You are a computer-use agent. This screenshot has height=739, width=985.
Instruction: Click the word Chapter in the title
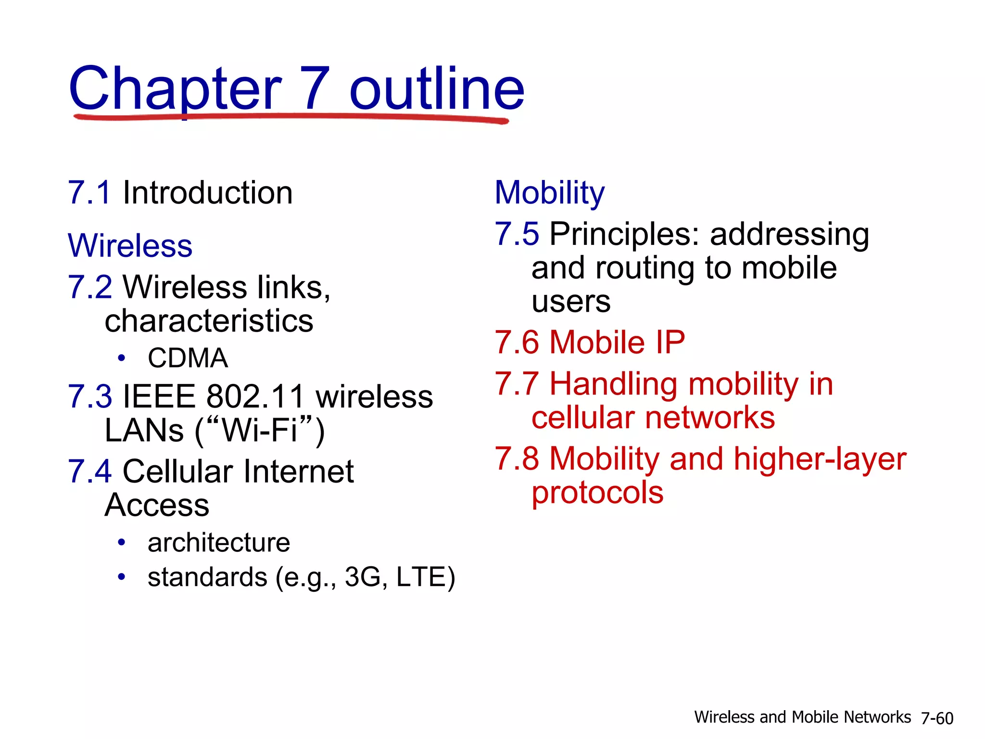[175, 89]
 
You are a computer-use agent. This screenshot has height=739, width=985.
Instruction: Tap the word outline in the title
[436, 89]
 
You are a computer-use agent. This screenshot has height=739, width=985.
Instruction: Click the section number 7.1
[90, 193]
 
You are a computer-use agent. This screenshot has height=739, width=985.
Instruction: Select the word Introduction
[207, 193]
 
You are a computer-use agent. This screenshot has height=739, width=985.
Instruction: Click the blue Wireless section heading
[130, 246]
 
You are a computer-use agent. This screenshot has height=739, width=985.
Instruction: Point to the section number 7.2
[90, 287]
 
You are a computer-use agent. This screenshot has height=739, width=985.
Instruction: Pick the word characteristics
[209, 321]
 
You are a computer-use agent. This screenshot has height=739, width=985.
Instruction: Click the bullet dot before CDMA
[122, 358]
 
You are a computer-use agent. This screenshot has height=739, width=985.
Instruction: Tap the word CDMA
[188, 358]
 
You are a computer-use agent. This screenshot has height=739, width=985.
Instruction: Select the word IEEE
[159, 397]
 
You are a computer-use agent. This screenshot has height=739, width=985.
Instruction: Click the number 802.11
[255, 397]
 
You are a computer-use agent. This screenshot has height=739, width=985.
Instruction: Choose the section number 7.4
[90, 471]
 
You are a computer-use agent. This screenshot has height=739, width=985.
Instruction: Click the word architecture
[219, 543]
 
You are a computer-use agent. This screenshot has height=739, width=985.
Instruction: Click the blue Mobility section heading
[549, 193]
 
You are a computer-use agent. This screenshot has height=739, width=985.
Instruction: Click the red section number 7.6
[517, 343]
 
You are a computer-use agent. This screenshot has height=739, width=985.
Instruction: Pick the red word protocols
[597, 493]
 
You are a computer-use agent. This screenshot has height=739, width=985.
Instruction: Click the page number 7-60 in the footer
[937, 718]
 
